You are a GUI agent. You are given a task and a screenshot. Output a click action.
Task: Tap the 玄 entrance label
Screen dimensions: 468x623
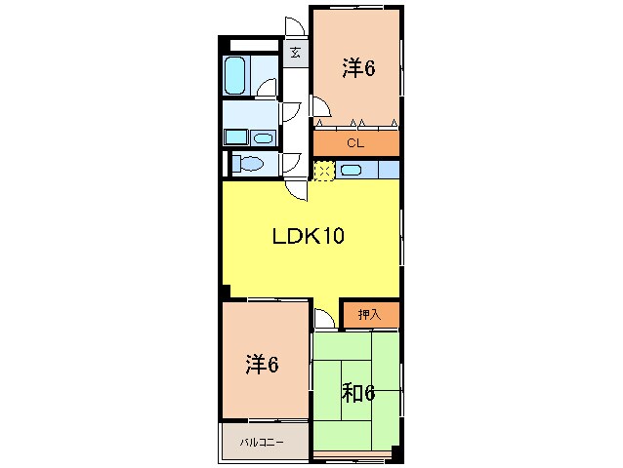click(x=295, y=52)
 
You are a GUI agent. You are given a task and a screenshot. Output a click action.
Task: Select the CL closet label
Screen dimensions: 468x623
click(x=355, y=144)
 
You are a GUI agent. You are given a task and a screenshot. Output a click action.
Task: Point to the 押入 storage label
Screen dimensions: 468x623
click(x=369, y=314)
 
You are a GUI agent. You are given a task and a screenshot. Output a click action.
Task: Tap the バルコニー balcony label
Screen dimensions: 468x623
click(x=262, y=443)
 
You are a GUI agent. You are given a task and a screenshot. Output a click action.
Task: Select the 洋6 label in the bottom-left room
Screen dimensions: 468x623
click(x=262, y=365)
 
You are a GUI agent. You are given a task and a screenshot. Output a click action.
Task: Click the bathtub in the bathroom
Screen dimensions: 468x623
click(x=235, y=75)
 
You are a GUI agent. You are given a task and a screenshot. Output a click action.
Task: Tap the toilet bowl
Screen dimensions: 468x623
click(x=248, y=164)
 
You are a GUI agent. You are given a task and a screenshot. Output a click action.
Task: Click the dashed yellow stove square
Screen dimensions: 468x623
click(x=323, y=172)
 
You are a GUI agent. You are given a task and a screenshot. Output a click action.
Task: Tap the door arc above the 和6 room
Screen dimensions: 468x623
click(x=323, y=319)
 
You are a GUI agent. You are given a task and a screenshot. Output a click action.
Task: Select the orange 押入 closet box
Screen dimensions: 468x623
click(x=370, y=315)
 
